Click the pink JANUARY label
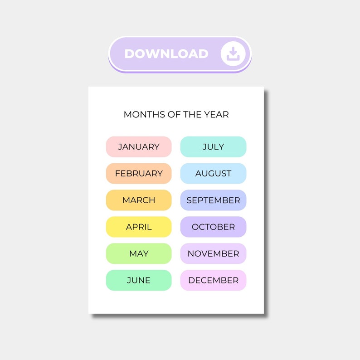tap(139, 147)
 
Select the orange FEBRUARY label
tap(139, 174)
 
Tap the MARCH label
tap(139, 200)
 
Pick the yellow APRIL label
tap(139, 227)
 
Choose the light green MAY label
tap(139, 254)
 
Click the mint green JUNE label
tap(139, 281)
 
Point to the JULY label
tap(213, 147)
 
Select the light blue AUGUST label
tap(213, 174)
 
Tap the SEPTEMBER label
tap(213, 200)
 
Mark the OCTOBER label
tap(213, 227)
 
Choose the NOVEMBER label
tap(213, 254)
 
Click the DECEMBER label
tap(213, 281)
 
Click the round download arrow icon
tap(233, 54)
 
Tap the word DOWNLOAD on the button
tap(166, 54)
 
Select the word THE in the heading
tap(193, 115)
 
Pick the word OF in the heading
tap(175, 115)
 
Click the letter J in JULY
tap(204, 147)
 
